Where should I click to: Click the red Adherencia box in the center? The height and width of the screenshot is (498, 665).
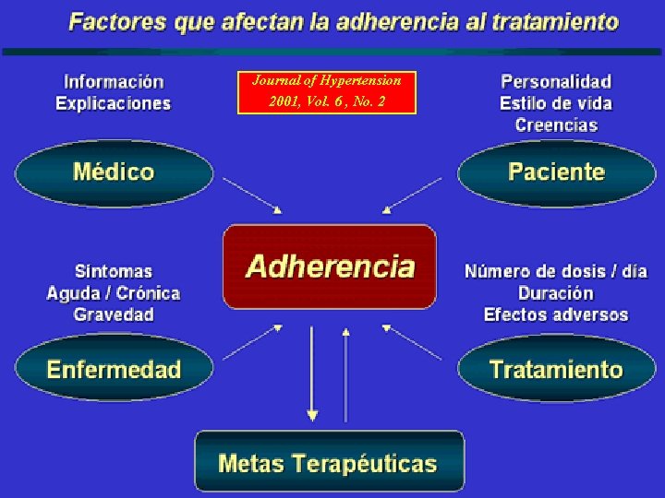pyautogui.click(x=329, y=267)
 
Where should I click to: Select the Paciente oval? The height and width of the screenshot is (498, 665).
pyautogui.click(x=556, y=172)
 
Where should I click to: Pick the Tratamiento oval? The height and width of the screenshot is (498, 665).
pyautogui.click(x=556, y=370)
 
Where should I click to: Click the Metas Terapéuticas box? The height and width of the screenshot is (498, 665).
pyautogui.click(x=329, y=462)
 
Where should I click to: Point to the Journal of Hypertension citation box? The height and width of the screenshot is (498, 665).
pyautogui.click(x=327, y=91)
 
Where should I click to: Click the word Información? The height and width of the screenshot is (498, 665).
pyautogui.click(x=114, y=82)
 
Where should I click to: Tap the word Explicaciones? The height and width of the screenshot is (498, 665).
pyautogui.click(x=114, y=103)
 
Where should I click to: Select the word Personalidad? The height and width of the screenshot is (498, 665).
pyautogui.click(x=556, y=82)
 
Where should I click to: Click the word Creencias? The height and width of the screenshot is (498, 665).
pyautogui.click(x=556, y=125)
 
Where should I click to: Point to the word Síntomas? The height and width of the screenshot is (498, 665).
pyautogui.click(x=114, y=272)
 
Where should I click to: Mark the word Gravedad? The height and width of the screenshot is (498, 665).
pyautogui.click(x=114, y=314)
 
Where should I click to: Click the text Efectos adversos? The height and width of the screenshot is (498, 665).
pyautogui.click(x=556, y=314)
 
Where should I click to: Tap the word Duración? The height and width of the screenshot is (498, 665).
pyautogui.click(x=556, y=293)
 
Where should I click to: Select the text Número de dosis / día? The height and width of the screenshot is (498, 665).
pyautogui.click(x=556, y=272)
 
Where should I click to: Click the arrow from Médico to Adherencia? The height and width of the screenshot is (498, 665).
pyautogui.click(x=253, y=196)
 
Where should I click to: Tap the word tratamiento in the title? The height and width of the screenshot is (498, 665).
pyautogui.click(x=545, y=22)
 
